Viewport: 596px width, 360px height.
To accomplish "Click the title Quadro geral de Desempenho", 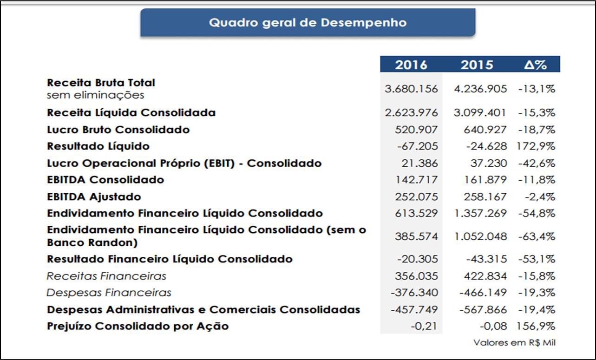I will (x=308, y=22).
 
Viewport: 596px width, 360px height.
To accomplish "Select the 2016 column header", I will (x=411, y=65).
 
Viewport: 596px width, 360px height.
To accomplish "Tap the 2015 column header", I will (x=477, y=65).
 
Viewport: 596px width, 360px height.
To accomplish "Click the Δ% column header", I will (x=535, y=65).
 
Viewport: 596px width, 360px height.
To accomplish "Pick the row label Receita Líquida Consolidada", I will (x=131, y=112).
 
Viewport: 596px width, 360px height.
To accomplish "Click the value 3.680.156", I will (x=411, y=89).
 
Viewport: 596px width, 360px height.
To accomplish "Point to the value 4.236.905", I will (x=480, y=89).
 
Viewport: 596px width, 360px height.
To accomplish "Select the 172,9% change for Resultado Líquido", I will (x=536, y=146).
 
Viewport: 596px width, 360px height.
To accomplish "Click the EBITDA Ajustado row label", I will (x=94, y=196).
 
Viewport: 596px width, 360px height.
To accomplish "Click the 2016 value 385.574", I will (x=416, y=236).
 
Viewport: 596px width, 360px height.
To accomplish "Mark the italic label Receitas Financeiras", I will (x=106, y=276).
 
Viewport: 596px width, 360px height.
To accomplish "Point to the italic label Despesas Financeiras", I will (x=109, y=293).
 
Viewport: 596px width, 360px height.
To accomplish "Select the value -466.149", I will (x=483, y=293).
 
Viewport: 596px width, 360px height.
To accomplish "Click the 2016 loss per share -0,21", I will (x=424, y=326).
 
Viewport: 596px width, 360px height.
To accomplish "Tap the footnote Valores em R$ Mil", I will (x=514, y=343).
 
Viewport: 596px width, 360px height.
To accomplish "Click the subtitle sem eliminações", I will (x=95, y=95).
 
